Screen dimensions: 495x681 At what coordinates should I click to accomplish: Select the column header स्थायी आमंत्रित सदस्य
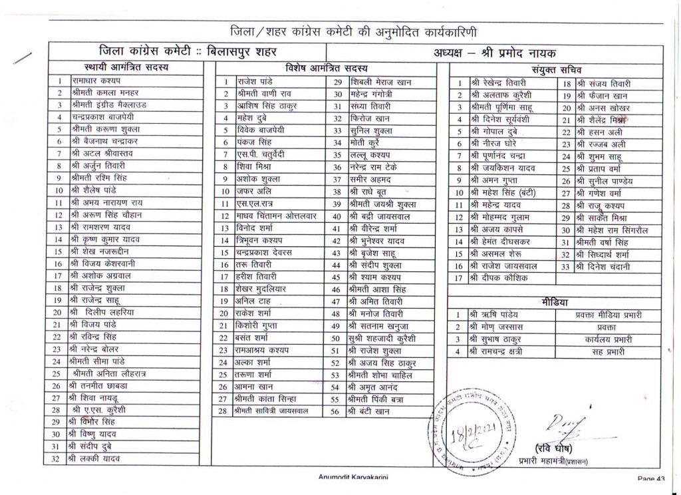click(126, 67)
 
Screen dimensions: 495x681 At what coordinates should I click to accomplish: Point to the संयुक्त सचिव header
click(557, 70)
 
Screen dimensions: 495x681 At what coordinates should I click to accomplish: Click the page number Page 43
click(650, 478)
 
